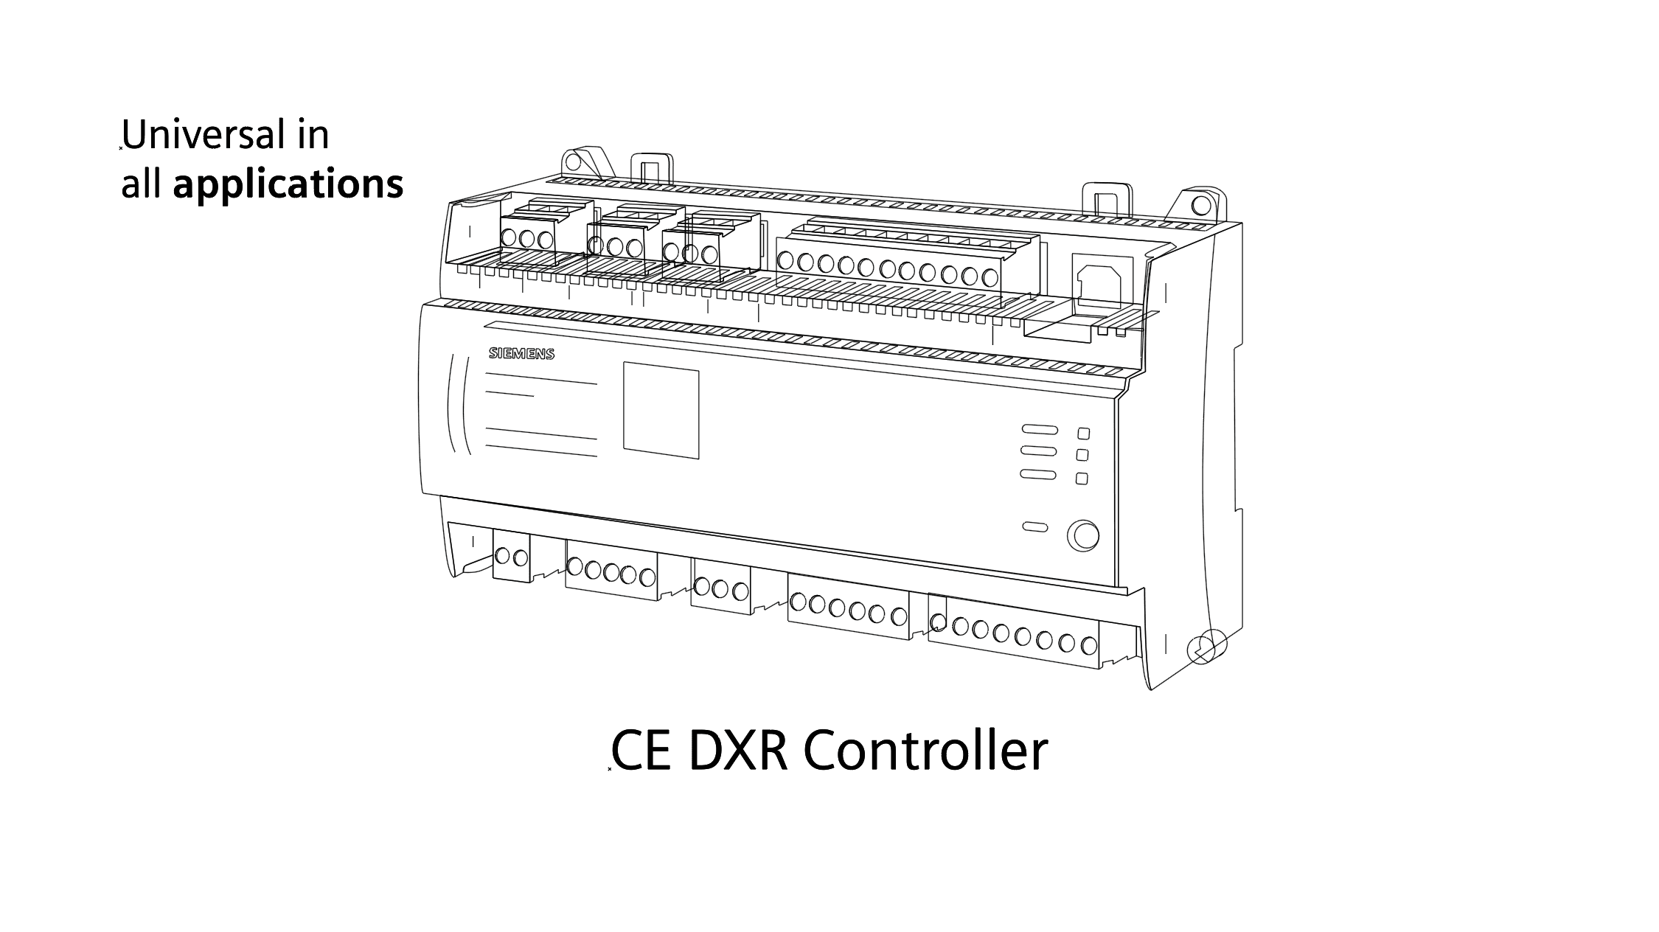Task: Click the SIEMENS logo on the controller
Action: (x=521, y=354)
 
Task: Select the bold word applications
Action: (x=288, y=184)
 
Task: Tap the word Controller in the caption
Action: (x=925, y=751)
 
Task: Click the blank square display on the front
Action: (x=661, y=409)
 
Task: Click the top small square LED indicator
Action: (x=1083, y=434)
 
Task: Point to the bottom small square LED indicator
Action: (x=1082, y=479)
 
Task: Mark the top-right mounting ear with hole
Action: (x=1200, y=202)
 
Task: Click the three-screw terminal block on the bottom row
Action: (x=720, y=588)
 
